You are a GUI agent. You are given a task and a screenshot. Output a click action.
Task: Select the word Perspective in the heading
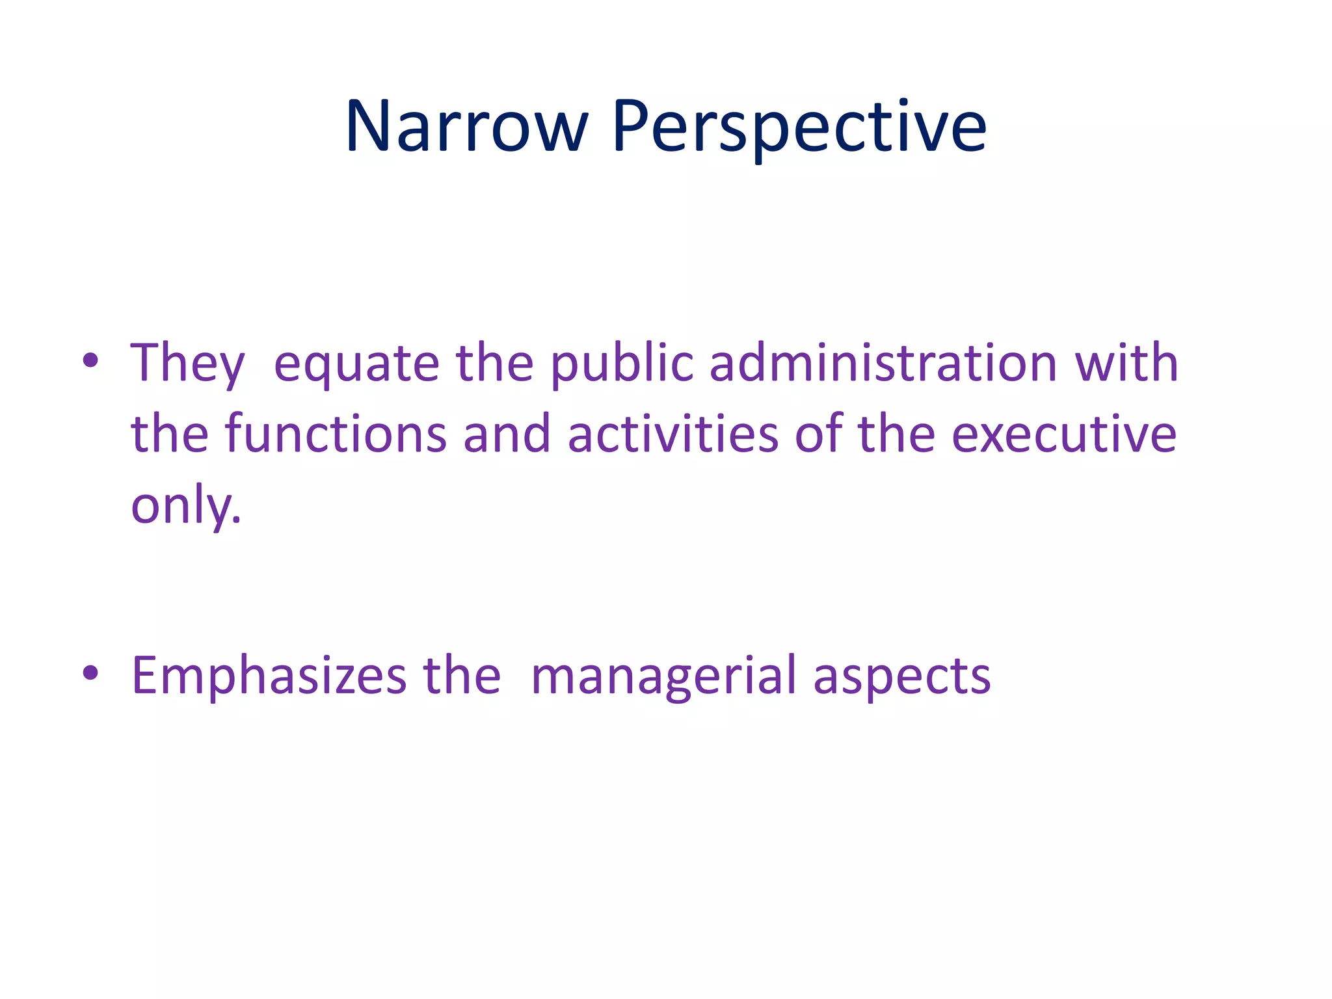[x=799, y=127]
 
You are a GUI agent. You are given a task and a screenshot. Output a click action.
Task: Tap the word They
[x=187, y=364]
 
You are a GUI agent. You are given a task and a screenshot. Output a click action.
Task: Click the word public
[x=622, y=364]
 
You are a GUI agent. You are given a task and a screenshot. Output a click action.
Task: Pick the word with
[x=1126, y=362]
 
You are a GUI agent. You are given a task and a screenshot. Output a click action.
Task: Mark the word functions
[x=336, y=434]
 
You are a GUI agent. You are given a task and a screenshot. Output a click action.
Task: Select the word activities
[x=673, y=434]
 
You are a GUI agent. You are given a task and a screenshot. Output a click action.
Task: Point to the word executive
[x=1064, y=434]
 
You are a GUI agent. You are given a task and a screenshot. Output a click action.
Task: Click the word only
[x=185, y=505]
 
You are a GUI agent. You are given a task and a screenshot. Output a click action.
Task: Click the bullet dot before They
[x=90, y=362]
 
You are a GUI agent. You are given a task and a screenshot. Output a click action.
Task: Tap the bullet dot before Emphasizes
[x=90, y=674]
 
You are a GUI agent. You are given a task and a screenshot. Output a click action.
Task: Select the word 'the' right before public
[x=494, y=362]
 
